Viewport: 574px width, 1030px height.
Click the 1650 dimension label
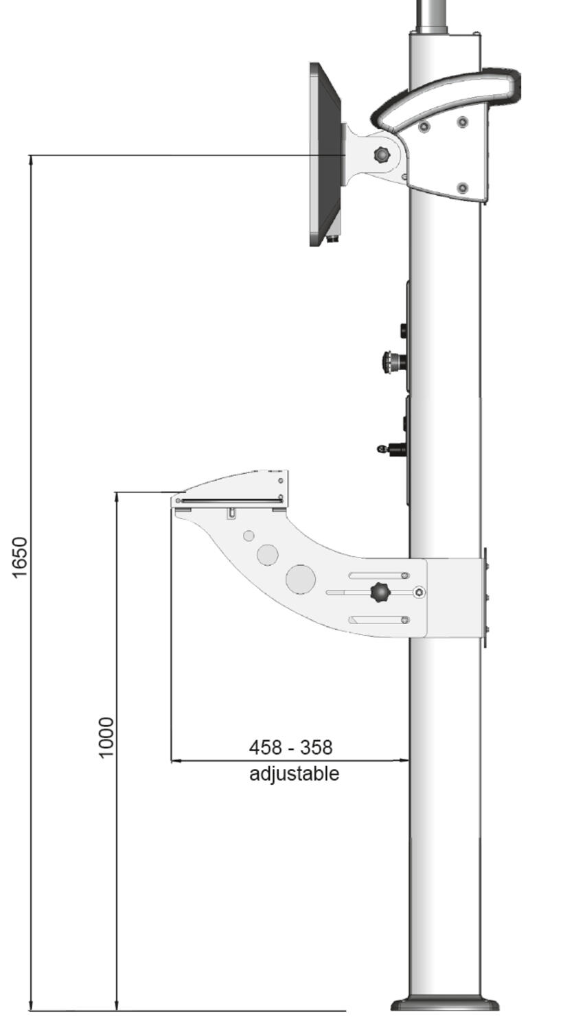20,557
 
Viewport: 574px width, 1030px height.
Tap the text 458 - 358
290,747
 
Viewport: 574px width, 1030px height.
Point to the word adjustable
294,774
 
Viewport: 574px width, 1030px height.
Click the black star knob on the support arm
378,592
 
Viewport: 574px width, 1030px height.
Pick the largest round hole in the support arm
300,578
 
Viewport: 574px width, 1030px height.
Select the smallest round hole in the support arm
249,536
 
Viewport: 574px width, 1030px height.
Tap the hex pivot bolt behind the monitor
381,154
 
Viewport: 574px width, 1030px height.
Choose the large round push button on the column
391,360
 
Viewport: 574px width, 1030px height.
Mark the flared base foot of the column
445,1004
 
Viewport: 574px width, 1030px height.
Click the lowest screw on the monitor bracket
462,187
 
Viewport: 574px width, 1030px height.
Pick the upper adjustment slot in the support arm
378,575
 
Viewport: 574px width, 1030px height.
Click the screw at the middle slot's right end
420,592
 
